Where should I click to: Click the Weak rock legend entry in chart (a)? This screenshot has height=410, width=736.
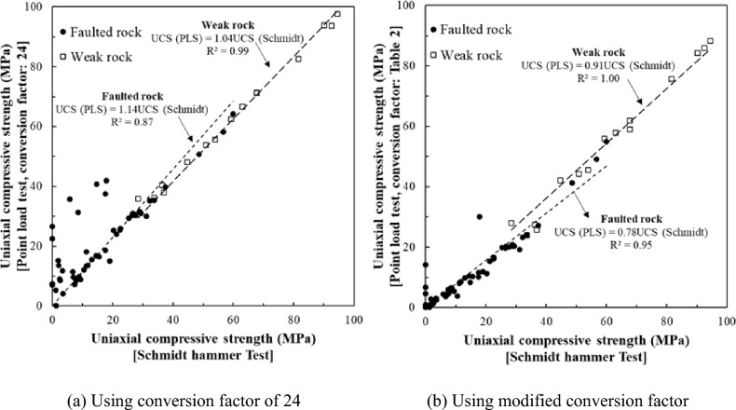click(x=94, y=56)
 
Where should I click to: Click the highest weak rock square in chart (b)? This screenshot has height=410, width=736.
click(x=710, y=41)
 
